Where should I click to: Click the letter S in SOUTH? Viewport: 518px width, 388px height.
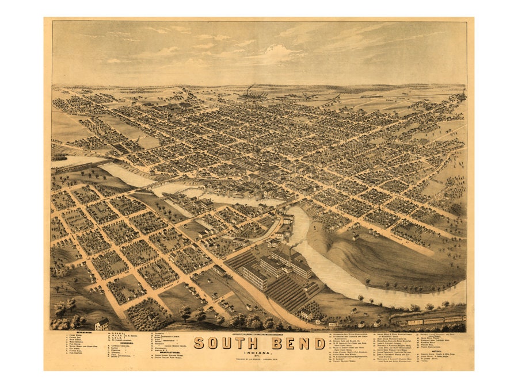pyautogui.click(x=199, y=343)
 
